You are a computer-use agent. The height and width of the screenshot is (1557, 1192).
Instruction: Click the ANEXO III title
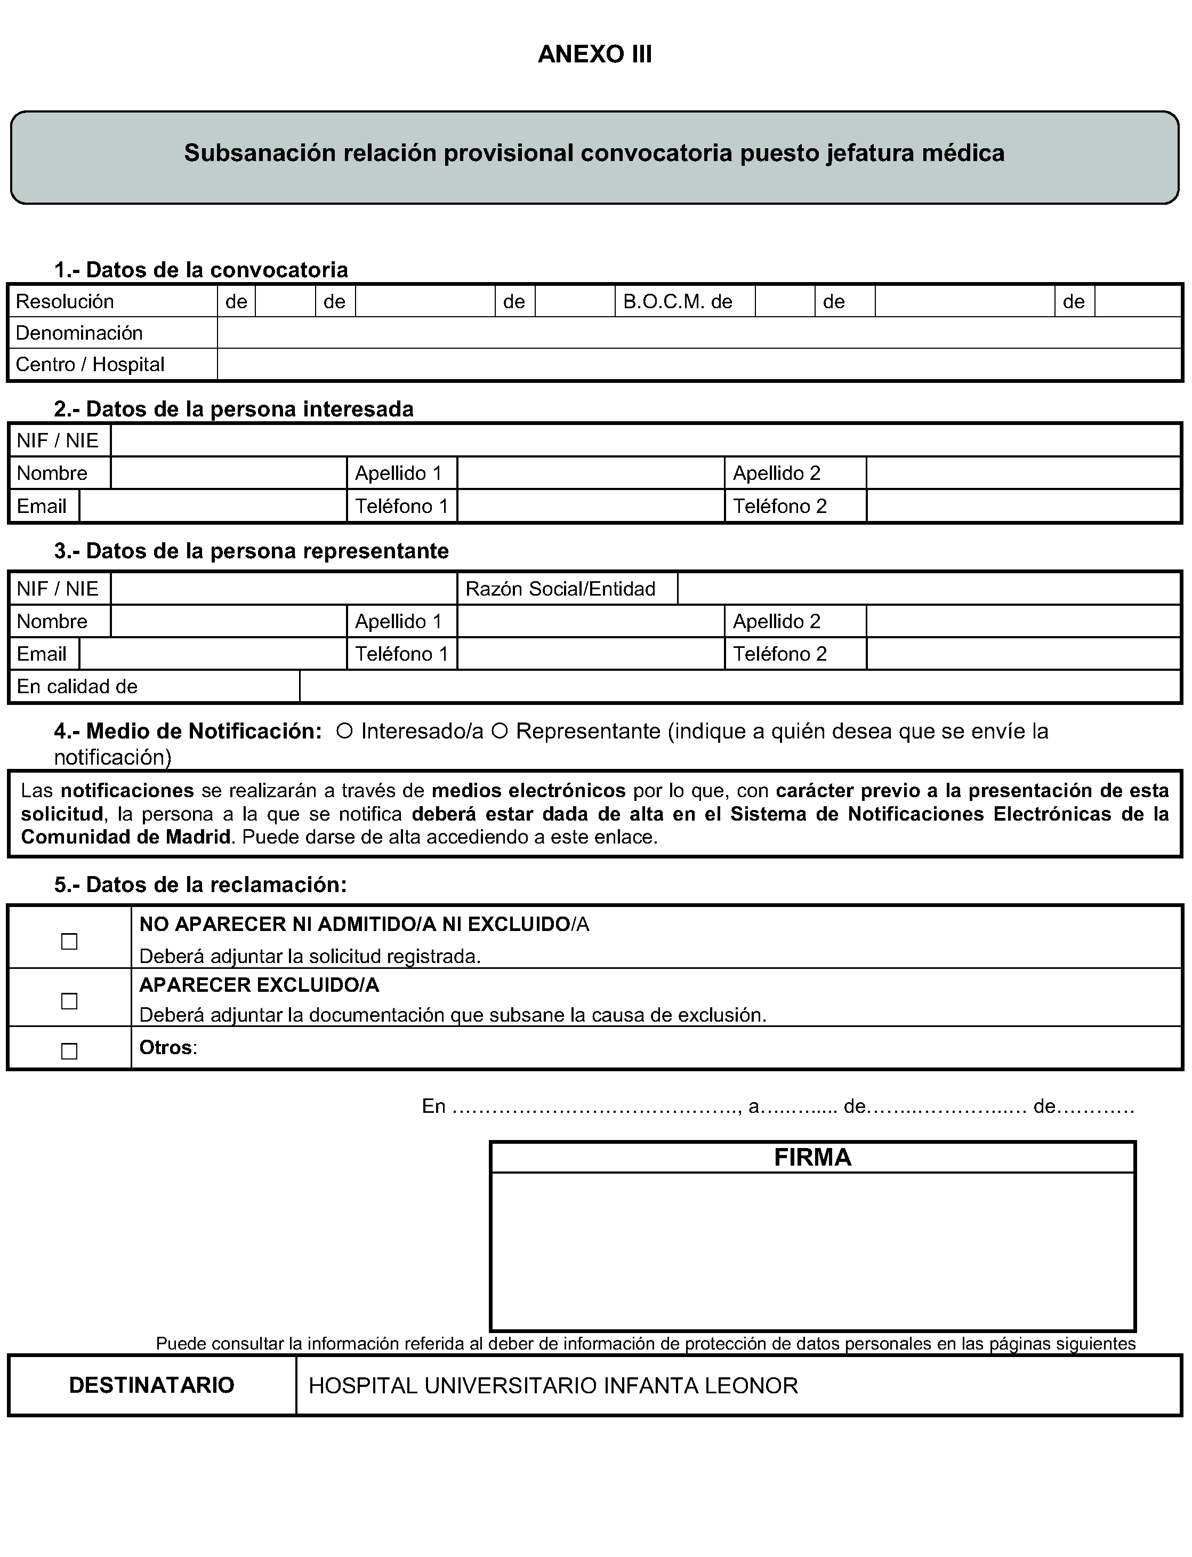point(594,54)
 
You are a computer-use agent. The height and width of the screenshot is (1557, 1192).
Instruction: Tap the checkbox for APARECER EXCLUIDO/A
point(69,1001)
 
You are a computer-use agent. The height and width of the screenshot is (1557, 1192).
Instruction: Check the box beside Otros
point(69,1051)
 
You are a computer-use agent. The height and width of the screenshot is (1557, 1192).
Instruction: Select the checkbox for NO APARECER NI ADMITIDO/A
point(69,942)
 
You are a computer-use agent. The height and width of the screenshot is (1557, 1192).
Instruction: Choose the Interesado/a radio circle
point(345,731)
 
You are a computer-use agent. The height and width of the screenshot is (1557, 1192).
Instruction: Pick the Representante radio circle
point(500,731)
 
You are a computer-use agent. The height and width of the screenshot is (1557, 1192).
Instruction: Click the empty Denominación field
point(698,333)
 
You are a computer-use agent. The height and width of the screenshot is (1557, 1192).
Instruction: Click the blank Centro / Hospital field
point(698,365)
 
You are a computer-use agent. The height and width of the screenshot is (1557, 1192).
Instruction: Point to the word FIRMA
point(812,1158)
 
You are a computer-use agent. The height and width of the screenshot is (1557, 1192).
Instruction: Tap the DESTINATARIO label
point(152,1385)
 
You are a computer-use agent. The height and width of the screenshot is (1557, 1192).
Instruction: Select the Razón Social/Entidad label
point(560,589)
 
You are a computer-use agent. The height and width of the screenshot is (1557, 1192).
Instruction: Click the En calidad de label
point(77,687)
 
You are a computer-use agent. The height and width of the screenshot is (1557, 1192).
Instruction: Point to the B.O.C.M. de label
point(678,302)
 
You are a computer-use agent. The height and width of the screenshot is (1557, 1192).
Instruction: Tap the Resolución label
point(65,302)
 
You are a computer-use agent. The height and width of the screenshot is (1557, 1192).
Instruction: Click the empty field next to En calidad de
point(739,687)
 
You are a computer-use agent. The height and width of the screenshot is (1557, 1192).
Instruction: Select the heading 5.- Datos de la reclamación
point(201,885)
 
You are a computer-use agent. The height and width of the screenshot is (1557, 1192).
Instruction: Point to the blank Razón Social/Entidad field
point(928,589)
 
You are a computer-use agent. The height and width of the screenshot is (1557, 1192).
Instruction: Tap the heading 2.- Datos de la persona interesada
point(234,410)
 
